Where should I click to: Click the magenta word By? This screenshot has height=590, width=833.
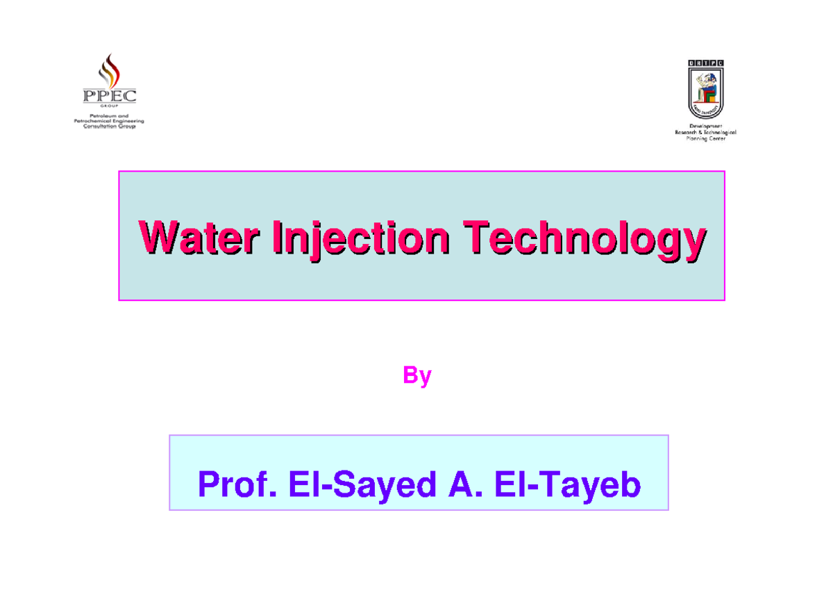tap(417, 377)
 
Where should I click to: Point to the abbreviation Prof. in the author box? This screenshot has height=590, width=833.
tap(233, 484)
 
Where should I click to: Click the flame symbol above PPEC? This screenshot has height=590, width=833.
tap(109, 70)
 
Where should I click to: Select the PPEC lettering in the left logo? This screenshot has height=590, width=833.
tap(109, 95)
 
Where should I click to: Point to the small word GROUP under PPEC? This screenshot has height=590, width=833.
tap(109, 107)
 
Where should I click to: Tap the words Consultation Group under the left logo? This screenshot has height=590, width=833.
tap(109, 126)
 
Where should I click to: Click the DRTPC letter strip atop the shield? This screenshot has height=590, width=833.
tap(705, 64)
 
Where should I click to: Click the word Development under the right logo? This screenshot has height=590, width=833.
tap(705, 126)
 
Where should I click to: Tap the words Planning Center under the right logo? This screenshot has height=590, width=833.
tap(705, 138)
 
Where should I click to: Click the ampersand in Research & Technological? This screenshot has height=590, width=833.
tap(700, 132)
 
